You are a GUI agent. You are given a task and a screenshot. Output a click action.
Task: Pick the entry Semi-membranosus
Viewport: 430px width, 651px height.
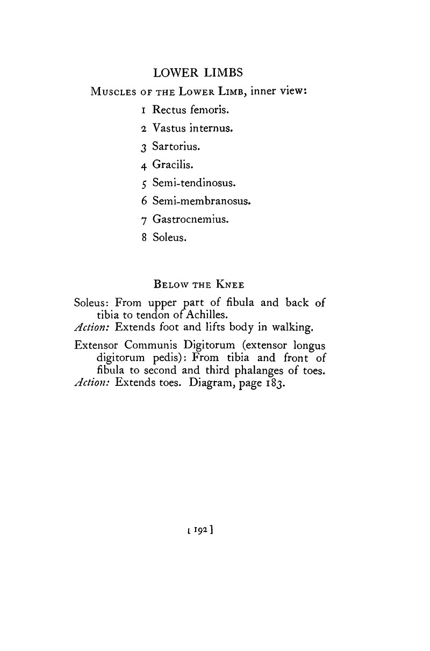point(202,201)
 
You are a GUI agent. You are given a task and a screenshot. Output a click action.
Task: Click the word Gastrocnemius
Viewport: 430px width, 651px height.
point(190,220)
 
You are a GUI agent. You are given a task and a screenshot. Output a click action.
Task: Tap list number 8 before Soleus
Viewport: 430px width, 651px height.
point(144,238)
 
